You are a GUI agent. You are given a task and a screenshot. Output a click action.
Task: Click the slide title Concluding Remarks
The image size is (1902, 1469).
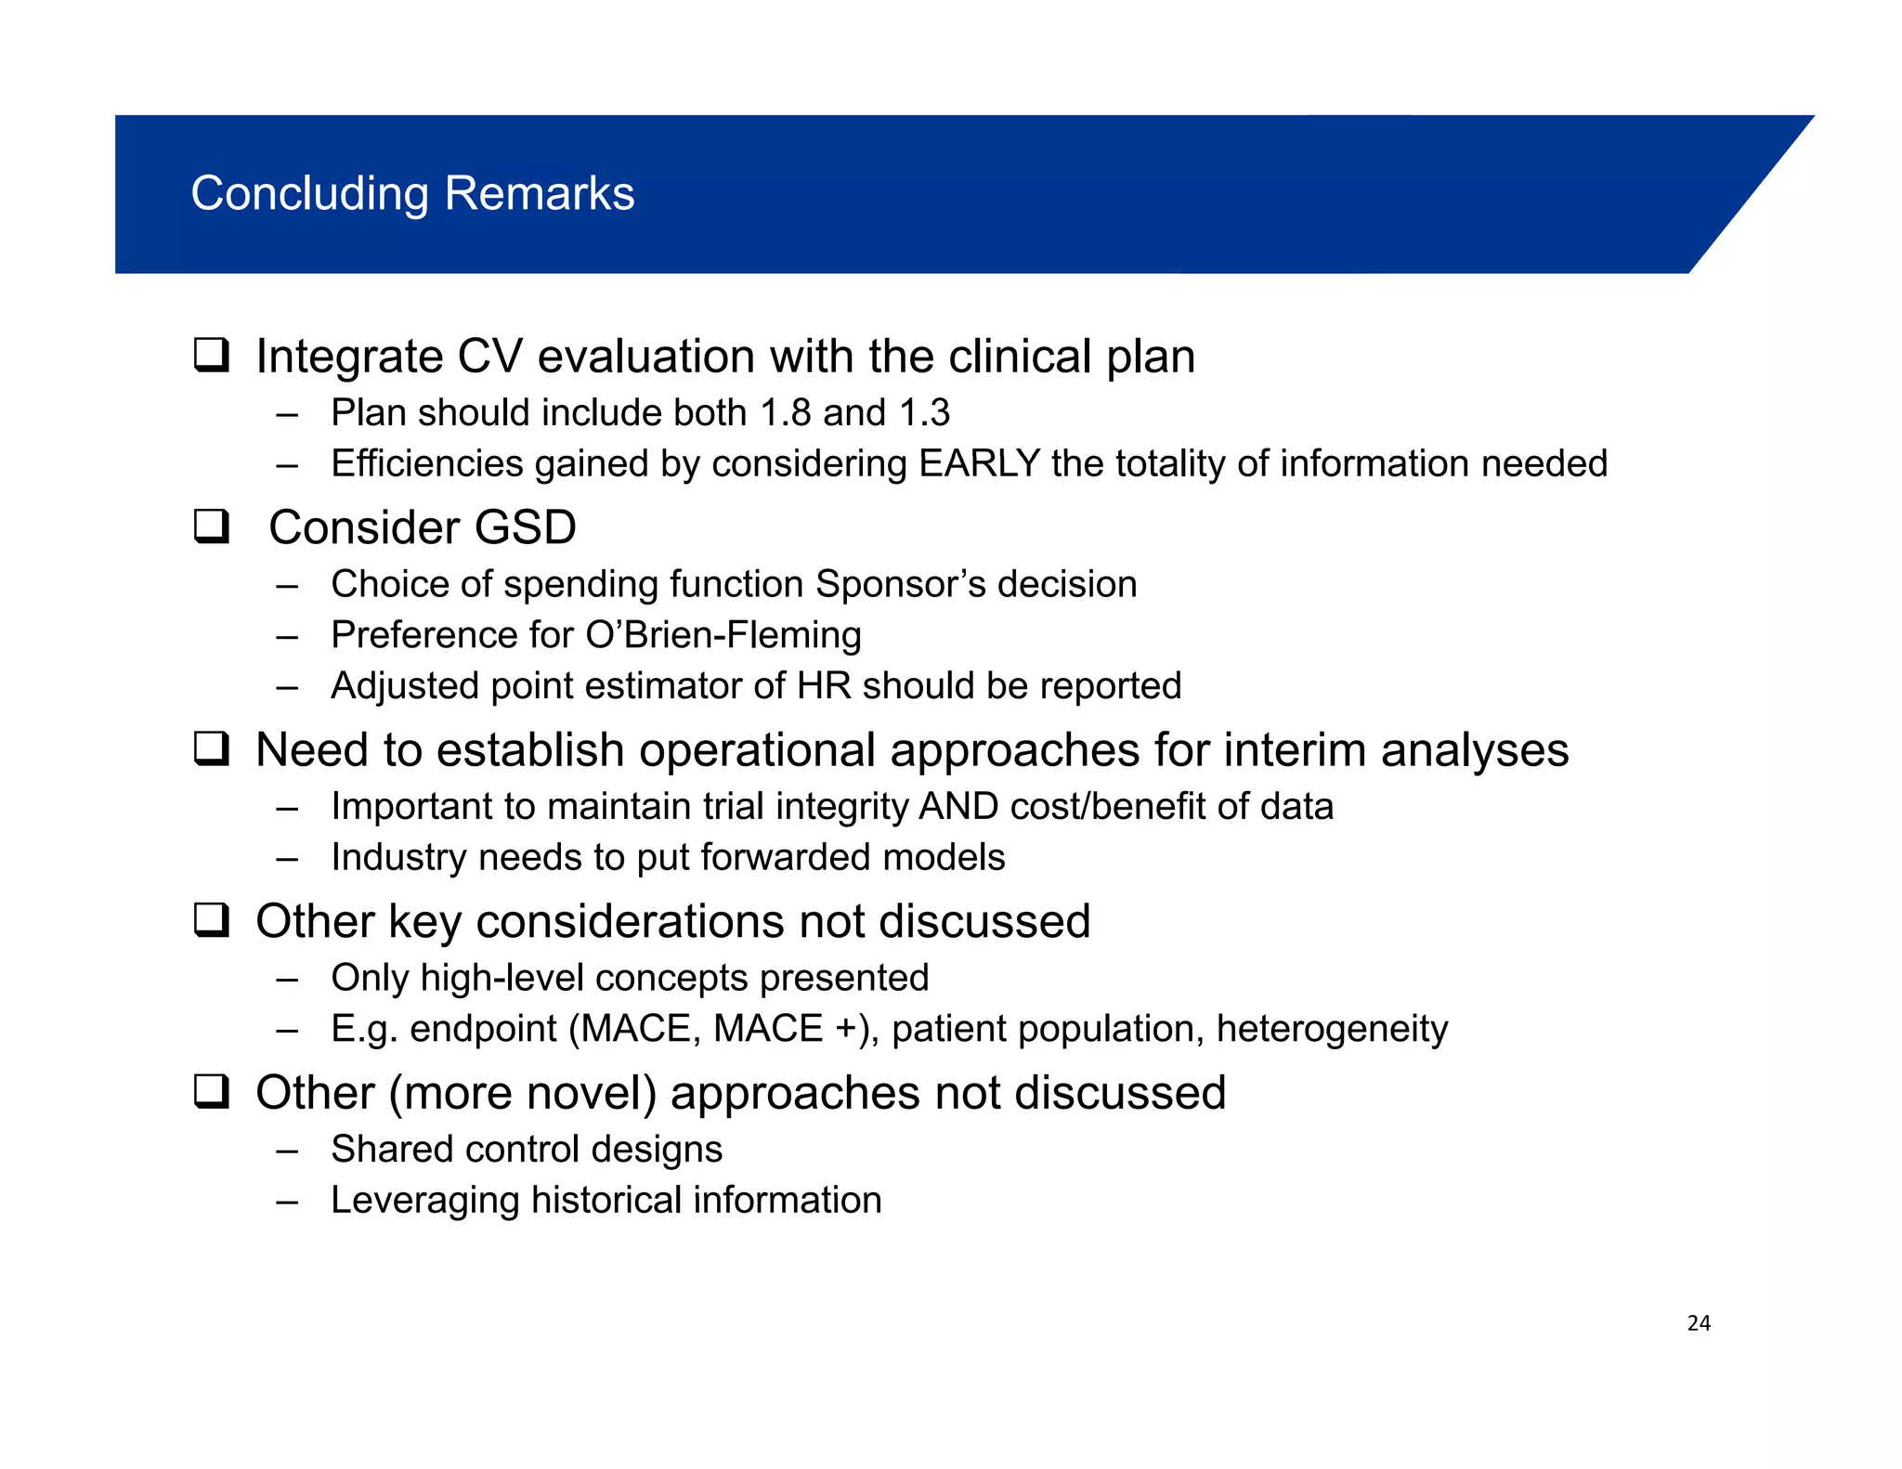[412, 194]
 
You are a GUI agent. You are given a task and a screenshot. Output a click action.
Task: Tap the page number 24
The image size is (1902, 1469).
[1699, 1323]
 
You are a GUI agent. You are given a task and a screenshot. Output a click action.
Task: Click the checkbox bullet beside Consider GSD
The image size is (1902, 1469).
[212, 526]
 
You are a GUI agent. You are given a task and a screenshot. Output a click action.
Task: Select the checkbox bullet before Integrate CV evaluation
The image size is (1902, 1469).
[212, 356]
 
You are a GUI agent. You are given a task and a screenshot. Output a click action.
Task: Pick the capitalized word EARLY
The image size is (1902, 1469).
[979, 464]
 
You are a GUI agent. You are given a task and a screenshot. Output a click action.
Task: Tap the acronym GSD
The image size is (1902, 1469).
[525, 527]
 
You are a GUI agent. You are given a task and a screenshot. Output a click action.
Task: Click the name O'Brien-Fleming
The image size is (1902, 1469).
[723, 635]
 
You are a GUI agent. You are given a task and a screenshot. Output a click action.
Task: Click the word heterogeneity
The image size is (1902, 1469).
[1332, 1029]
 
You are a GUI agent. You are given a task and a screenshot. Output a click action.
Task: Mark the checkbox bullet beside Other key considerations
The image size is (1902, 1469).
[212, 920]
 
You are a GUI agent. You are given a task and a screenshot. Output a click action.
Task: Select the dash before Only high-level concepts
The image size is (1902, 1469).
[287, 979]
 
